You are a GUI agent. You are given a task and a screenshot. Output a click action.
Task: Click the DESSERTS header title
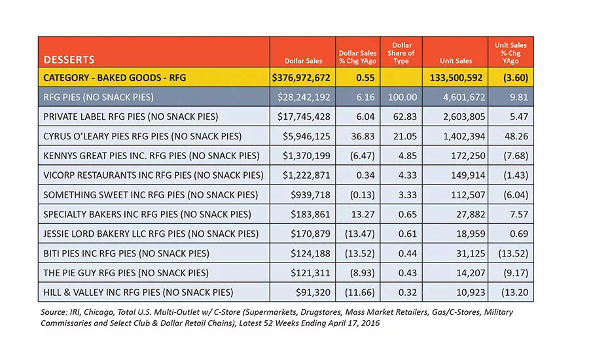click(x=69, y=60)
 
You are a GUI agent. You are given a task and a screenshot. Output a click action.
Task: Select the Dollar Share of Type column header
click(x=401, y=53)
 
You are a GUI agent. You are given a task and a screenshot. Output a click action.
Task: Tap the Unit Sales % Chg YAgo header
click(x=510, y=53)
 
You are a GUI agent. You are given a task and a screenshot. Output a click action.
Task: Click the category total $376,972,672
click(x=301, y=78)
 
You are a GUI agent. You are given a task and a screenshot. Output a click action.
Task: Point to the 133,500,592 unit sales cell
click(x=456, y=78)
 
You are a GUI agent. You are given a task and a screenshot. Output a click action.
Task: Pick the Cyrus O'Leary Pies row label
click(x=143, y=136)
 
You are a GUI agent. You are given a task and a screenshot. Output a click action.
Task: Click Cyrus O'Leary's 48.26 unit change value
click(x=516, y=136)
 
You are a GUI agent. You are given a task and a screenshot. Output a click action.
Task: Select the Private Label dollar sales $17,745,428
click(x=304, y=117)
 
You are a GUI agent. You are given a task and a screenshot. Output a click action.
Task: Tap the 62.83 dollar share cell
click(x=405, y=117)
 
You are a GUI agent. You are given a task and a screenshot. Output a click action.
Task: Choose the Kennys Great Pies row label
click(x=151, y=156)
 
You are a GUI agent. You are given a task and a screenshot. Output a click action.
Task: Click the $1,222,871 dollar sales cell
click(x=306, y=175)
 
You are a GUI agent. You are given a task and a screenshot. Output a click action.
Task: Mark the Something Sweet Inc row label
click(x=151, y=194)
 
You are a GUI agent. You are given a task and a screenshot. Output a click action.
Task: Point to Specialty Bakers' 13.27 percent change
click(x=363, y=214)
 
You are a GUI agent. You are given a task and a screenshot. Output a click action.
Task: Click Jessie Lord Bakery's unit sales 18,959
click(x=471, y=234)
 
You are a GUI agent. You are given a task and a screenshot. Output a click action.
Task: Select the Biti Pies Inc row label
click(x=126, y=253)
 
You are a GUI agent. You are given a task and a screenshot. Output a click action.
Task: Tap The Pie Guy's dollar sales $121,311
click(x=310, y=273)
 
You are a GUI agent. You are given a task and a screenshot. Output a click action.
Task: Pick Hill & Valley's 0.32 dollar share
click(x=408, y=293)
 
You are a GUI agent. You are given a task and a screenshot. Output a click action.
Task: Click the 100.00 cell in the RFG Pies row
click(x=402, y=98)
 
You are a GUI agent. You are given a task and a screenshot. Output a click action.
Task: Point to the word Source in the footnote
click(x=54, y=312)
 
